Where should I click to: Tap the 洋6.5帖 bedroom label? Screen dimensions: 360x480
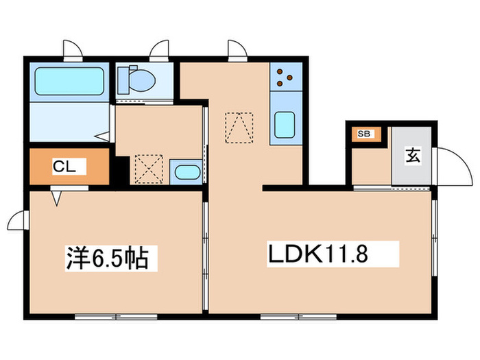click(106, 259)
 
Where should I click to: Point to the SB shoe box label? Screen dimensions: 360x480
click(363, 134)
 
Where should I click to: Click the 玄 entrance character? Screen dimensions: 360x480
click(412, 155)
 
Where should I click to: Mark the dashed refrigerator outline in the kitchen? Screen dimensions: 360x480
click(239, 127)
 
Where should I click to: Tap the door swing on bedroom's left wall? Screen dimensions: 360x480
click(18, 221)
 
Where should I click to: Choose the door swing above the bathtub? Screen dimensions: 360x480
click(72, 49)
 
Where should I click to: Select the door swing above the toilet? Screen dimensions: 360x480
click(159, 49)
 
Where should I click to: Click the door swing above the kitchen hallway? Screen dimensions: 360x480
click(236, 49)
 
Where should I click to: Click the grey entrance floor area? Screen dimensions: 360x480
click(411, 165)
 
